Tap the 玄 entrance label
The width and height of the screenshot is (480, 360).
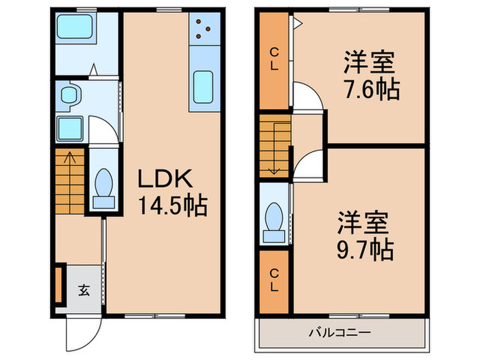[83, 290]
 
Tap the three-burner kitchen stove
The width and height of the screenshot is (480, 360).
[204, 28]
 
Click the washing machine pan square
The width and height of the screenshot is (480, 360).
[69, 128]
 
